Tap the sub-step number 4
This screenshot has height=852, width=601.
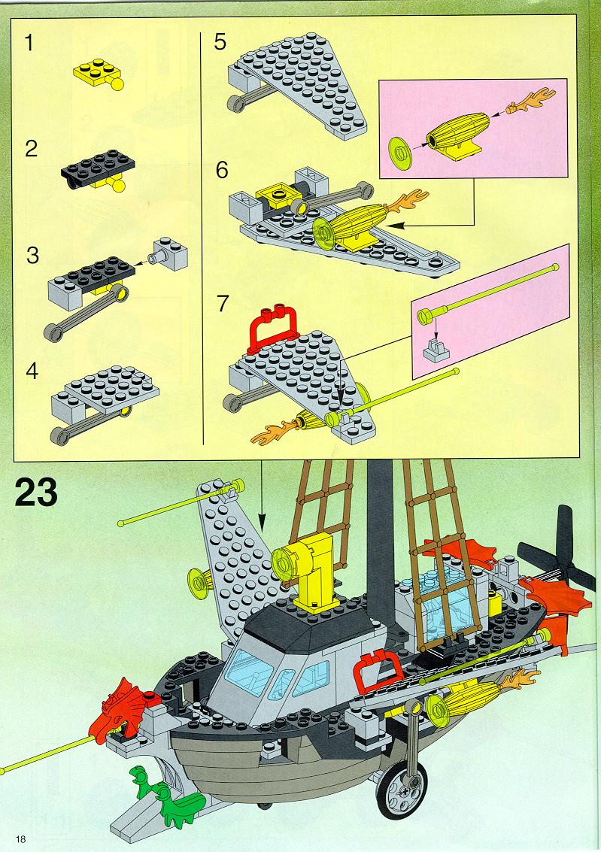32,371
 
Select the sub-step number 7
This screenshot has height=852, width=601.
223,304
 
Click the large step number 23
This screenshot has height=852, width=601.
36,493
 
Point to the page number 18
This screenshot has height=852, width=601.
21,839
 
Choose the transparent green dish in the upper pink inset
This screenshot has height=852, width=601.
400,150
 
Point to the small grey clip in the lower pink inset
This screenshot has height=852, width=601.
436,350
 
